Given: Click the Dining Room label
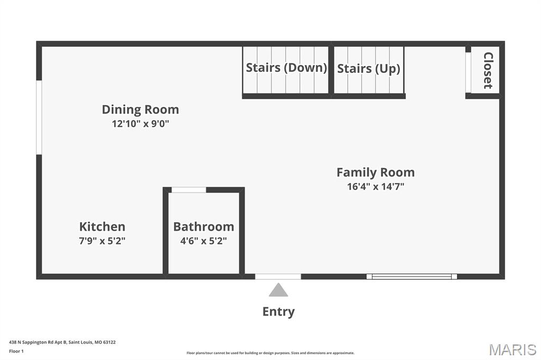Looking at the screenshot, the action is [141, 110].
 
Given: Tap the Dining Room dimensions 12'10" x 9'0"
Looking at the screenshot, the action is [141, 124].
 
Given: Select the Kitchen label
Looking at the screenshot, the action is [102, 226].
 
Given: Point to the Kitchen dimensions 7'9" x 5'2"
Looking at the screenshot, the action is [102, 241].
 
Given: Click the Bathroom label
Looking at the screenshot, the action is [203, 226].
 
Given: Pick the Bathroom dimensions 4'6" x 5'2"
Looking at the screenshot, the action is [203, 241].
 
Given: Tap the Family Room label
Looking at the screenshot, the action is [376, 173].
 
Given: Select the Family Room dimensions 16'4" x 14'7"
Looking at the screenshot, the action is [376, 186].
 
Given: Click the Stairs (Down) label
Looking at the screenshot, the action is [286, 68].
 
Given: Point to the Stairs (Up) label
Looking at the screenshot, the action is [368, 69].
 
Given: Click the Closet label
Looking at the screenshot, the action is [488, 70].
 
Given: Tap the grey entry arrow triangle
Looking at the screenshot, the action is [278, 290].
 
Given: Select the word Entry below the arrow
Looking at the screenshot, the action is [278, 311].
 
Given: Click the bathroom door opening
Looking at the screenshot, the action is [189, 190].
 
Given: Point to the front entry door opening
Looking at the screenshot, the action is [278, 277].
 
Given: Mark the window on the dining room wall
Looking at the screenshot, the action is [39, 118].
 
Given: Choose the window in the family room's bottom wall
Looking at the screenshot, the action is [412, 277].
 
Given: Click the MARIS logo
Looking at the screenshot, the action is [512, 349].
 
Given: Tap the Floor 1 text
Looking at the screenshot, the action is [16, 352].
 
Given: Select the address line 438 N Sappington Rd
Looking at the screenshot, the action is [62, 343].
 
